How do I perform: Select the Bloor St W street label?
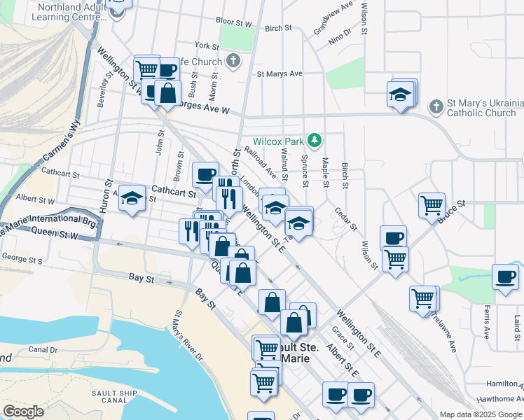coord(234,23)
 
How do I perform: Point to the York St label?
coord(207,45)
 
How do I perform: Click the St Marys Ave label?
coord(279,73)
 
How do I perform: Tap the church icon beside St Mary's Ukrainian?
coord(436,106)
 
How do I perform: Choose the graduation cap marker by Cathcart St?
coord(132,199)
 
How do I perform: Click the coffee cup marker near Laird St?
coord(504,276)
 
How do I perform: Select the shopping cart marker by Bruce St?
coord(432,205)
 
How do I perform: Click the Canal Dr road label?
coord(43,349)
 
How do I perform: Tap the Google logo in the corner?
coord(23,412)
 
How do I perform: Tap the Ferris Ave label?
coord(485,321)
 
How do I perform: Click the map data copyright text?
coord(481,414)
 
